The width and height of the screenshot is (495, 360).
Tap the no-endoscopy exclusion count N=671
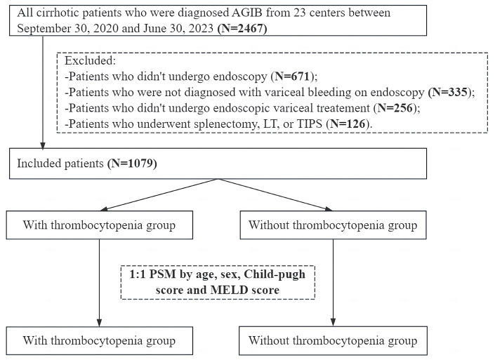(292, 76)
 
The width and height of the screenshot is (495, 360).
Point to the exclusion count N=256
(395, 108)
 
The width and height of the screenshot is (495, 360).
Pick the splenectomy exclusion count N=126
(348, 124)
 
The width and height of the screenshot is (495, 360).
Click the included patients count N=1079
(132, 164)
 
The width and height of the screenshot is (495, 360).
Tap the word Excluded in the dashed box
(91, 60)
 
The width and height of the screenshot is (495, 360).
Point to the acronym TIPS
(310, 124)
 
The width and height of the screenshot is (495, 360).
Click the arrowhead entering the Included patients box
(43, 145)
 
